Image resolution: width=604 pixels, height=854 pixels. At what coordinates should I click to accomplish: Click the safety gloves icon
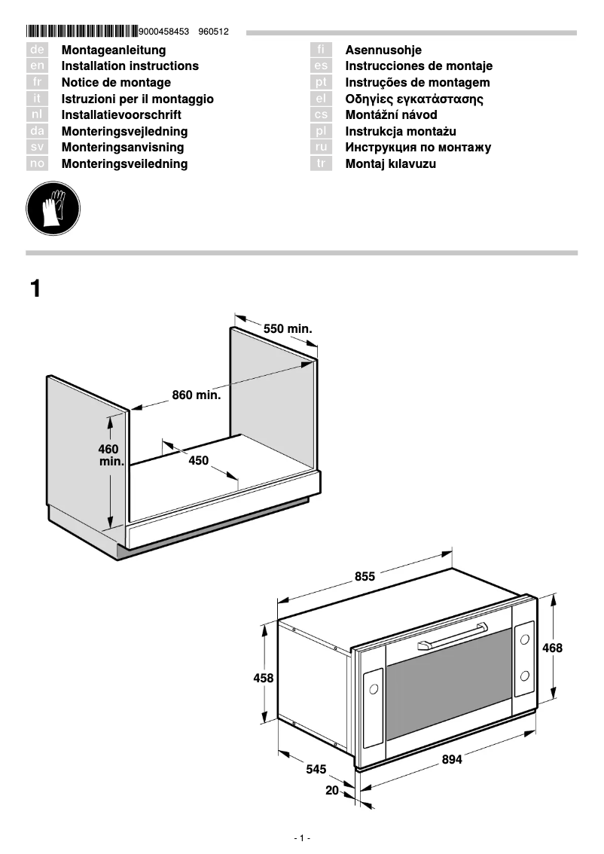53,207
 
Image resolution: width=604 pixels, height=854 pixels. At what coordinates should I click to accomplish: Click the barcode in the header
81,32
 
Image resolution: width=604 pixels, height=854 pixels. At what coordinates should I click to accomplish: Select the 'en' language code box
37,66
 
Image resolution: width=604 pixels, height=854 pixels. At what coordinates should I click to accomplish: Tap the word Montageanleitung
113,50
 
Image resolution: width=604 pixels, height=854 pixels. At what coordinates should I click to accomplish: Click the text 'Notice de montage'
116,83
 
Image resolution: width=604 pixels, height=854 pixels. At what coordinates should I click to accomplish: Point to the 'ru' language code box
321,148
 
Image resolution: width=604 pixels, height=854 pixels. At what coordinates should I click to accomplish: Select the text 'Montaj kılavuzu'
390,164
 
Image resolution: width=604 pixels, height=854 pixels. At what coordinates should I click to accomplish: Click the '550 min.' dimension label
287,329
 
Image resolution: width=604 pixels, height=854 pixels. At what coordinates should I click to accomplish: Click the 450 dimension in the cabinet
198,461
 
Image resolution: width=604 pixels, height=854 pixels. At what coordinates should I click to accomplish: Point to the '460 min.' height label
110,455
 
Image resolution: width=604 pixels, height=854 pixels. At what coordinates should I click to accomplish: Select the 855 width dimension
365,577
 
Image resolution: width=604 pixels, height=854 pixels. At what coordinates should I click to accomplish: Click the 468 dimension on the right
552,648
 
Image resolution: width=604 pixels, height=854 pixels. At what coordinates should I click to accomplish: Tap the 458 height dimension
263,678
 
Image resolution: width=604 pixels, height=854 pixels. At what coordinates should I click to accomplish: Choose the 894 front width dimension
452,760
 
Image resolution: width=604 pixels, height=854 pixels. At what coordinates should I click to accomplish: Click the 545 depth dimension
316,770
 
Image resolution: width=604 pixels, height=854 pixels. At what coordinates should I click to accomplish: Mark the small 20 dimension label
332,791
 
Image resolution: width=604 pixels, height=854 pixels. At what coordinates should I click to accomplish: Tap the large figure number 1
35,288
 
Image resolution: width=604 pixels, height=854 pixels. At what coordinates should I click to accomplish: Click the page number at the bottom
301,838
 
